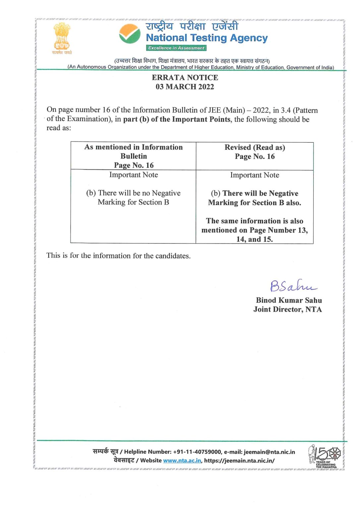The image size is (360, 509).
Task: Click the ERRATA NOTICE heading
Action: click(185, 78)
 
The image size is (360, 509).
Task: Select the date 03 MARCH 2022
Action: click(185, 87)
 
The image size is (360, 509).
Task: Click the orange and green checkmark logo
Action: click(130, 34)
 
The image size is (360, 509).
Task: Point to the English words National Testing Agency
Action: click(207, 38)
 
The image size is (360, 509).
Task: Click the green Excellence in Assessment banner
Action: click(176, 48)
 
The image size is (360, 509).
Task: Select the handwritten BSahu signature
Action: click(292, 286)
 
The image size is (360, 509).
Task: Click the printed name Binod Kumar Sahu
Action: click(289, 300)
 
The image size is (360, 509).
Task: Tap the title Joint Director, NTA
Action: click(287, 310)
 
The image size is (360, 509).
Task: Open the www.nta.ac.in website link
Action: click(182, 461)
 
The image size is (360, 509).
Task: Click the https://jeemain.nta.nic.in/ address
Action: click(239, 461)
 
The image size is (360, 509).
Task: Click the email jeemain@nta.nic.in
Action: click(269, 452)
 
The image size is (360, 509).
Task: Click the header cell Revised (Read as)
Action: click(255, 147)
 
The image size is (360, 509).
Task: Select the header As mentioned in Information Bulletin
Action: click(134, 151)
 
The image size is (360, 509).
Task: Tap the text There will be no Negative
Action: click(134, 193)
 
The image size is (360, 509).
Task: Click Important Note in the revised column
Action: click(255, 175)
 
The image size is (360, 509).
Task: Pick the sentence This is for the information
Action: click(118, 255)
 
